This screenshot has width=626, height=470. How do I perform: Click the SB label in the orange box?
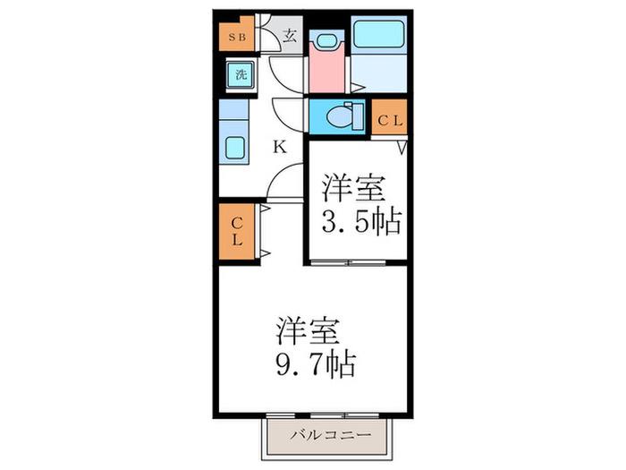(x=237, y=38)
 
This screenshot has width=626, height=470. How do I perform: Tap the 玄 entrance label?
(x=291, y=37)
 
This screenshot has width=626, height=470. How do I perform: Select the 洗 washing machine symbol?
(x=241, y=74)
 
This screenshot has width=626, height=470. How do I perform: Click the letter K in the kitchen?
(x=280, y=147)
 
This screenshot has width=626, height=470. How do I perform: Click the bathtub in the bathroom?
(x=378, y=34)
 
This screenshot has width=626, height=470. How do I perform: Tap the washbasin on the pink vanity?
(x=326, y=40)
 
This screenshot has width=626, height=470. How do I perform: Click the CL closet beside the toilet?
(x=389, y=116)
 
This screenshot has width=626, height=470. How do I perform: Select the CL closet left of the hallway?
(x=237, y=231)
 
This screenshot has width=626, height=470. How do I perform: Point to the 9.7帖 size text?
(x=316, y=364)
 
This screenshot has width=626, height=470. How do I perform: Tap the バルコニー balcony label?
(x=331, y=435)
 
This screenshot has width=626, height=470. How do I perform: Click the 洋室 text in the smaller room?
(x=354, y=188)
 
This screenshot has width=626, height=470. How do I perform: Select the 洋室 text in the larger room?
(x=308, y=331)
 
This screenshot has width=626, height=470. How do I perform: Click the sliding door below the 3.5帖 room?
(x=348, y=262)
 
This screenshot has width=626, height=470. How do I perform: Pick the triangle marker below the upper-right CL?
(x=402, y=147)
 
